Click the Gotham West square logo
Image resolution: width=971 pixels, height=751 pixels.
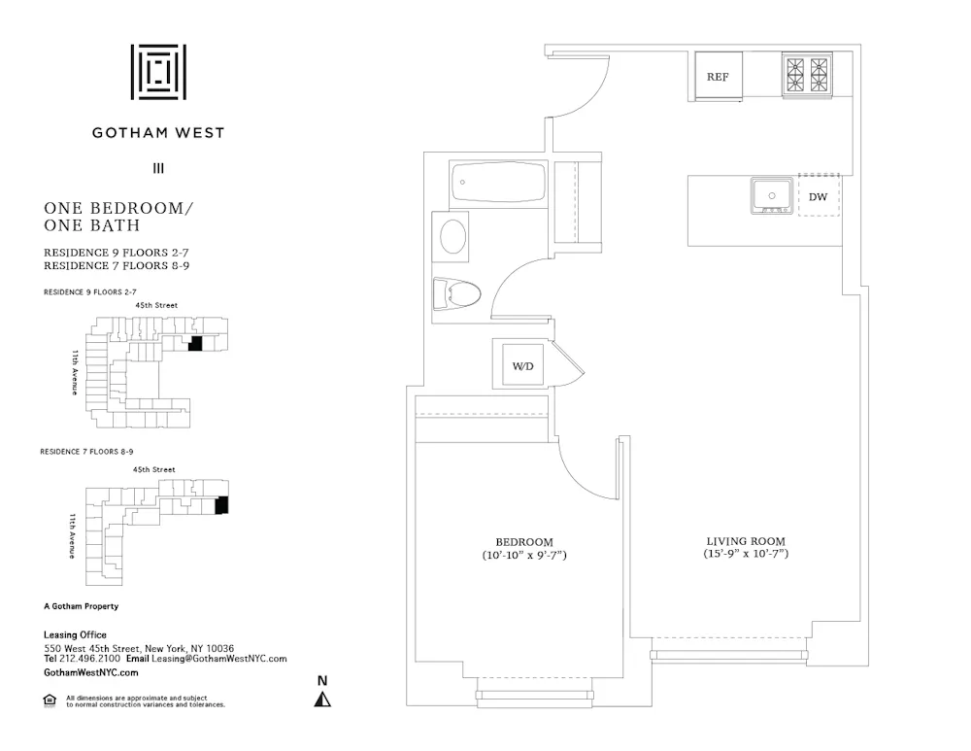[x=158, y=72]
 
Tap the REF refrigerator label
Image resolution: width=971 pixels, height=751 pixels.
[x=718, y=77]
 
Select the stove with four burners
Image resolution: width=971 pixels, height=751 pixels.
[x=808, y=75]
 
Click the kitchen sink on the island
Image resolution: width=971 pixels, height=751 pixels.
[x=772, y=196]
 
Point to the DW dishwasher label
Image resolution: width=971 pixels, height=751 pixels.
[x=819, y=197]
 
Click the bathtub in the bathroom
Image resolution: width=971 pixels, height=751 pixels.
[x=498, y=182]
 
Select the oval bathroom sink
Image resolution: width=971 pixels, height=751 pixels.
[x=453, y=236]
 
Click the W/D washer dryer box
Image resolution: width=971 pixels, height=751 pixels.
[x=521, y=365]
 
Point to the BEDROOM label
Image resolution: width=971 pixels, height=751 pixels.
[x=524, y=542]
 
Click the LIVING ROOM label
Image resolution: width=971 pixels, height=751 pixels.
[x=745, y=541]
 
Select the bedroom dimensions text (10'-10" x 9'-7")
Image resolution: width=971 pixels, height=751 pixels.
[x=524, y=556]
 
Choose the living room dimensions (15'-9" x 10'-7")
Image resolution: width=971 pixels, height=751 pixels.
[x=745, y=554]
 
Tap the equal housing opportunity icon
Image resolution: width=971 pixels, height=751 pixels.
[x=50, y=700]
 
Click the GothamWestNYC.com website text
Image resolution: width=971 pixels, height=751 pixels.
[x=91, y=672]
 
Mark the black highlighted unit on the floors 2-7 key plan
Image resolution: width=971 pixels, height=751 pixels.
[x=194, y=344]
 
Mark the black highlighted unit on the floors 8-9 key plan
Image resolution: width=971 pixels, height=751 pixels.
[x=220, y=505]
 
